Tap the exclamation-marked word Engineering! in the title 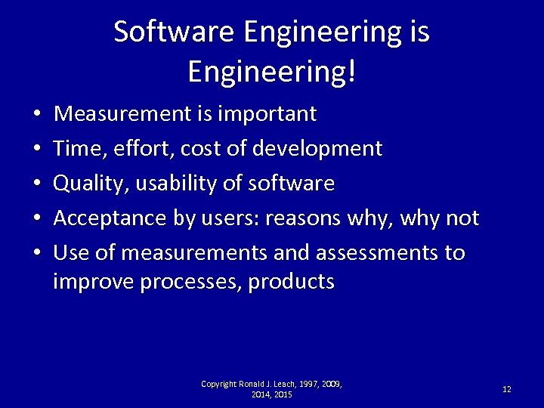coord(271,73)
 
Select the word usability coord(166,184)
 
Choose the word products coord(291,282)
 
